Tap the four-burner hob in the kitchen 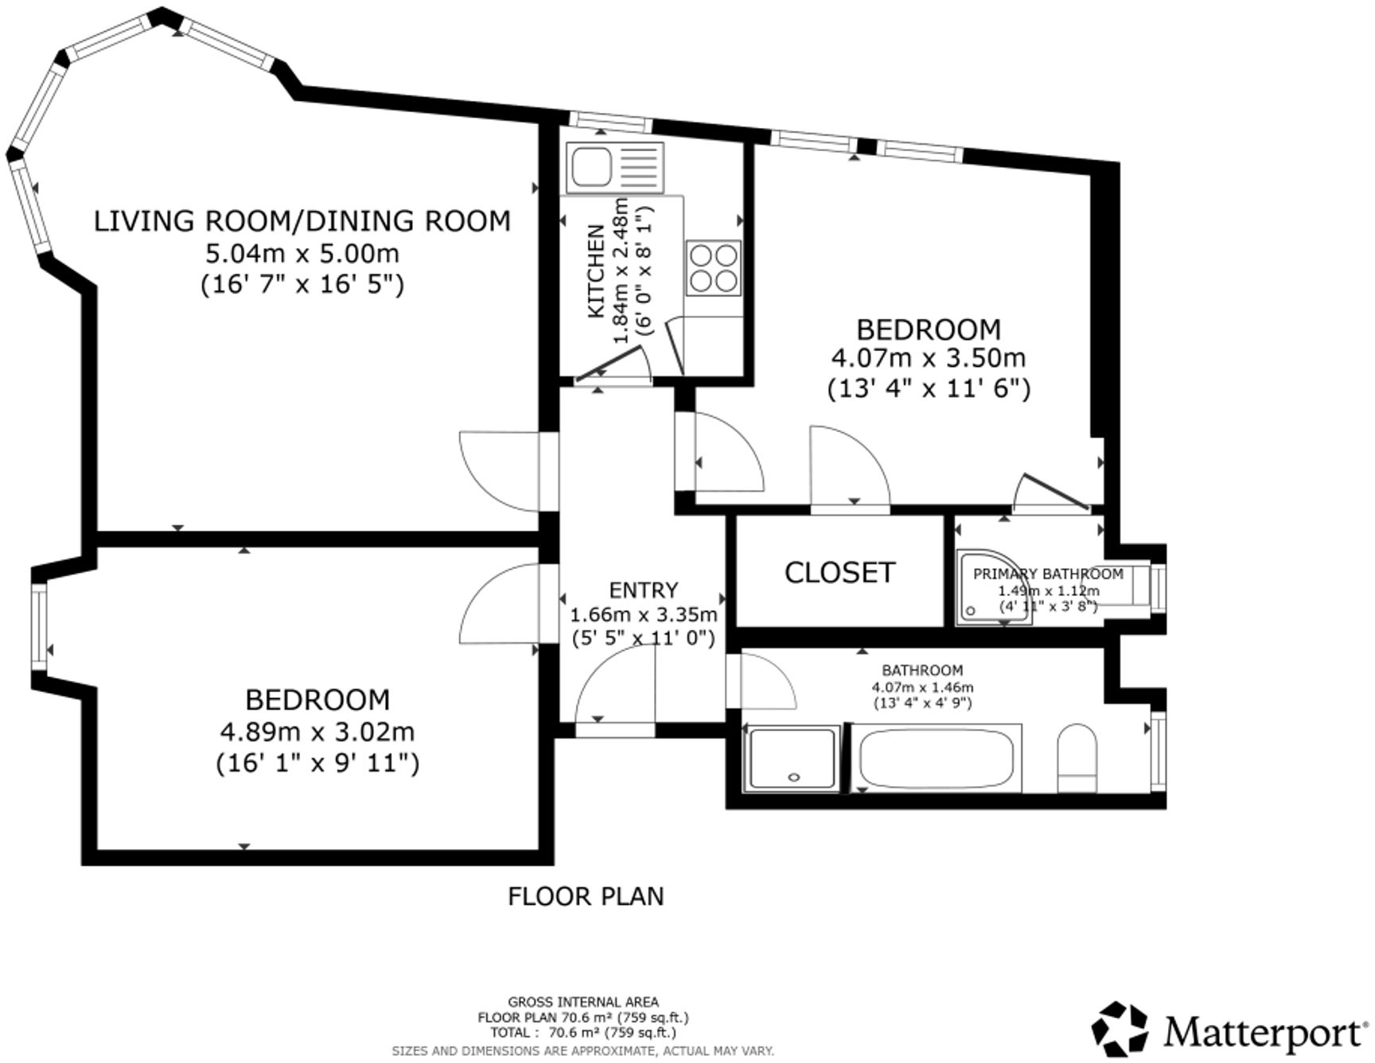[714, 267]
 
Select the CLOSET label [839, 572]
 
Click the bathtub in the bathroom [937, 758]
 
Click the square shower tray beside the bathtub [792, 758]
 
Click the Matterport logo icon [1120, 1032]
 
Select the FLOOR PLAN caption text [586, 896]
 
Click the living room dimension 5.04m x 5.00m [302, 254]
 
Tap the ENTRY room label [643, 590]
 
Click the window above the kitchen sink [610, 123]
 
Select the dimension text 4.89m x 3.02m [317, 730]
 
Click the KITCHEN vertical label [596, 271]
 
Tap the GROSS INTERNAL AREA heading [582, 1002]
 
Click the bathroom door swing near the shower [764, 679]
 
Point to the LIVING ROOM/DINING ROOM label [302, 220]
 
